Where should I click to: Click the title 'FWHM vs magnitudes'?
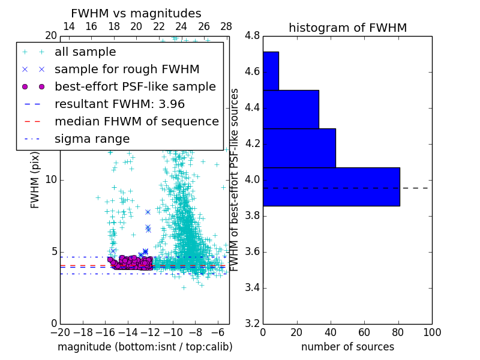tap(136, 13)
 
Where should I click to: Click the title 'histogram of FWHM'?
tap(347, 28)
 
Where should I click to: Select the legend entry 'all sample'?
tap(85, 52)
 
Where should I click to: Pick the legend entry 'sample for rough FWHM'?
tap(127, 70)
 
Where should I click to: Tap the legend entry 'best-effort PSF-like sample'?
tap(135, 86)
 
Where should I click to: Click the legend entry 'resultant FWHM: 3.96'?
tap(119, 104)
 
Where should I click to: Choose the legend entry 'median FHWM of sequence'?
tap(136, 121)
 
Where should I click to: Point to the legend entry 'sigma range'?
tap(92, 139)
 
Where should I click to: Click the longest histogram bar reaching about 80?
tap(331, 187)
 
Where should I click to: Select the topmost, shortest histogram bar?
tap(271, 71)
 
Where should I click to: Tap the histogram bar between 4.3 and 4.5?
tap(291, 109)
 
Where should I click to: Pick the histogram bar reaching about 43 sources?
tap(299, 148)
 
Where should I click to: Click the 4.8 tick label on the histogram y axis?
tap(252, 36)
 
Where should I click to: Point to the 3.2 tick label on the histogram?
tap(252, 323)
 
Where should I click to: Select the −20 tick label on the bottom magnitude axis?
tap(60, 332)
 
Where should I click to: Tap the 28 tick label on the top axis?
tap(226, 26)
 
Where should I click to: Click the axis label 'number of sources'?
tap(347, 347)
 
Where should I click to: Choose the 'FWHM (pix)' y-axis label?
tap(35, 179)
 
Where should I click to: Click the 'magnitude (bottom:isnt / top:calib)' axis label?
tap(145, 347)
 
